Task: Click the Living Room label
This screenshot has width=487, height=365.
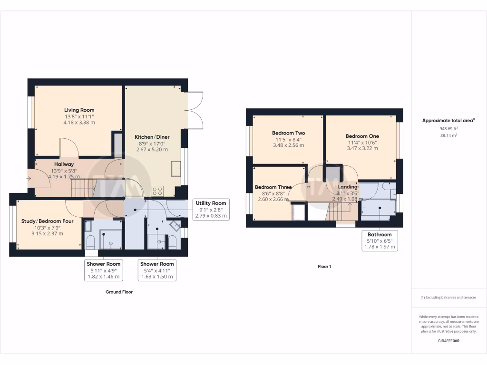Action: tap(79, 110)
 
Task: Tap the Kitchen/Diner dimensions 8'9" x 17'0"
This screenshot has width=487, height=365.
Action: tap(152, 144)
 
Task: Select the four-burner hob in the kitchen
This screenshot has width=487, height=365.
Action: tap(157, 191)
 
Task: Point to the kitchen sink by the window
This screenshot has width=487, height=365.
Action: tap(176, 168)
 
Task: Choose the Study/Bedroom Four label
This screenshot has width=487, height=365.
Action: tap(48, 221)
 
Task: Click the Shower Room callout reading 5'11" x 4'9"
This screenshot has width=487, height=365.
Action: tap(103, 270)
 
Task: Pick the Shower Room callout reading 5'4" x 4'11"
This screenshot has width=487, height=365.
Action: tap(156, 270)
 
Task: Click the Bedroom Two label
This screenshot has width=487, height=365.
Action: tap(288, 133)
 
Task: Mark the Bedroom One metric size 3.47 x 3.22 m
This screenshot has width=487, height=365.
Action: tap(362, 148)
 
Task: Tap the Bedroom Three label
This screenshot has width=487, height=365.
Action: tap(273, 187)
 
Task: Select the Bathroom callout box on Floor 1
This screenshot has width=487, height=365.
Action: tap(379, 240)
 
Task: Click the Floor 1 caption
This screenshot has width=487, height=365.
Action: tap(324, 267)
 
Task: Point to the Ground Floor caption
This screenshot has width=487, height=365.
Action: tap(119, 292)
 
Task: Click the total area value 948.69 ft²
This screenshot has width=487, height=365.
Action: tap(448, 129)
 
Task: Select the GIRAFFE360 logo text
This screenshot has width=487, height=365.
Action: tap(448, 341)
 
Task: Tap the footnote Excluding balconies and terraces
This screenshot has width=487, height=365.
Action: tap(448, 298)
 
